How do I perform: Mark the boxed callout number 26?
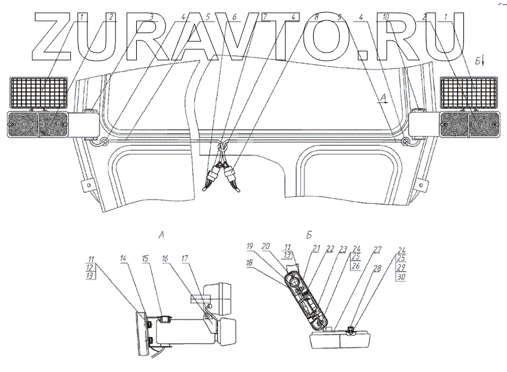[356, 267]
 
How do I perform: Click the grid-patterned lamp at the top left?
[38, 93]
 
